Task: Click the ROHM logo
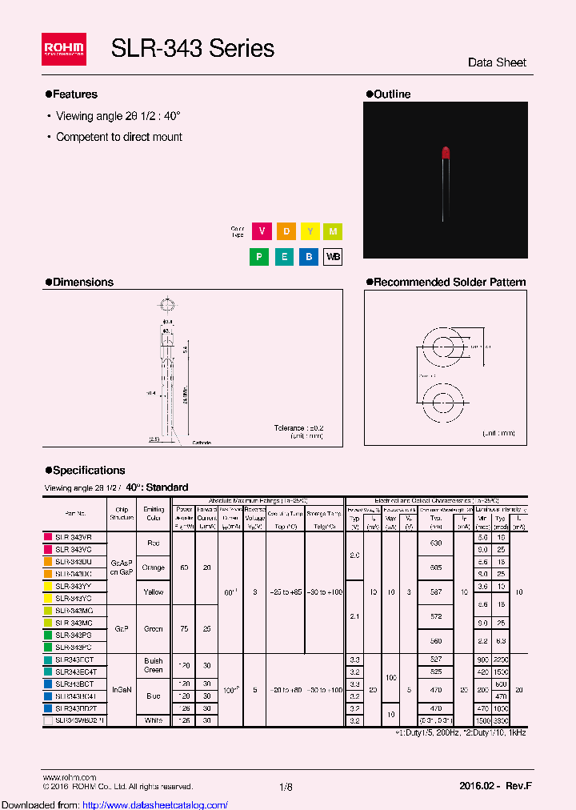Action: point(63,50)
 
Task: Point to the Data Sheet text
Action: point(497,62)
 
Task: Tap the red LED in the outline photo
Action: point(445,153)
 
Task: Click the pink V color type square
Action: point(261,231)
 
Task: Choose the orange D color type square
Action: point(285,231)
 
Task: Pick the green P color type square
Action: point(261,257)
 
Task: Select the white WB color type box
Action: point(332,257)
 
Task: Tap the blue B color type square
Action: point(309,257)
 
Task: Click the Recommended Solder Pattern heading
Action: point(446,282)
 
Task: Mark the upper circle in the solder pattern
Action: point(444,347)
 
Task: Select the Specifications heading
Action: point(85,470)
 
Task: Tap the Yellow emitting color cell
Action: point(154,591)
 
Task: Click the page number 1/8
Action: point(286,787)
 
